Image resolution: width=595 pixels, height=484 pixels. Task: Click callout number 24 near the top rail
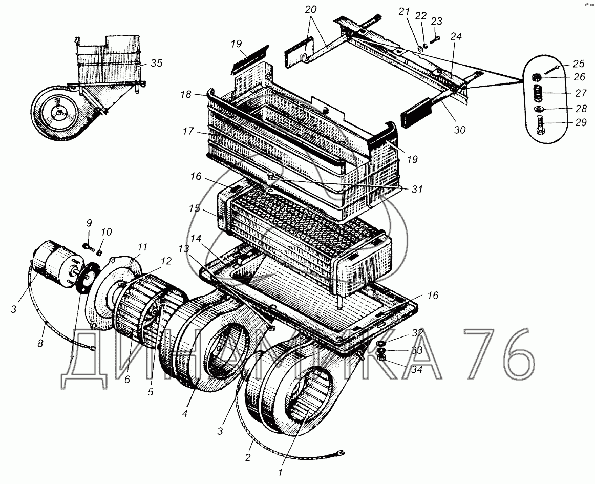(456, 37)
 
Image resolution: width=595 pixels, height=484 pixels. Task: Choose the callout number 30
(459, 130)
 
